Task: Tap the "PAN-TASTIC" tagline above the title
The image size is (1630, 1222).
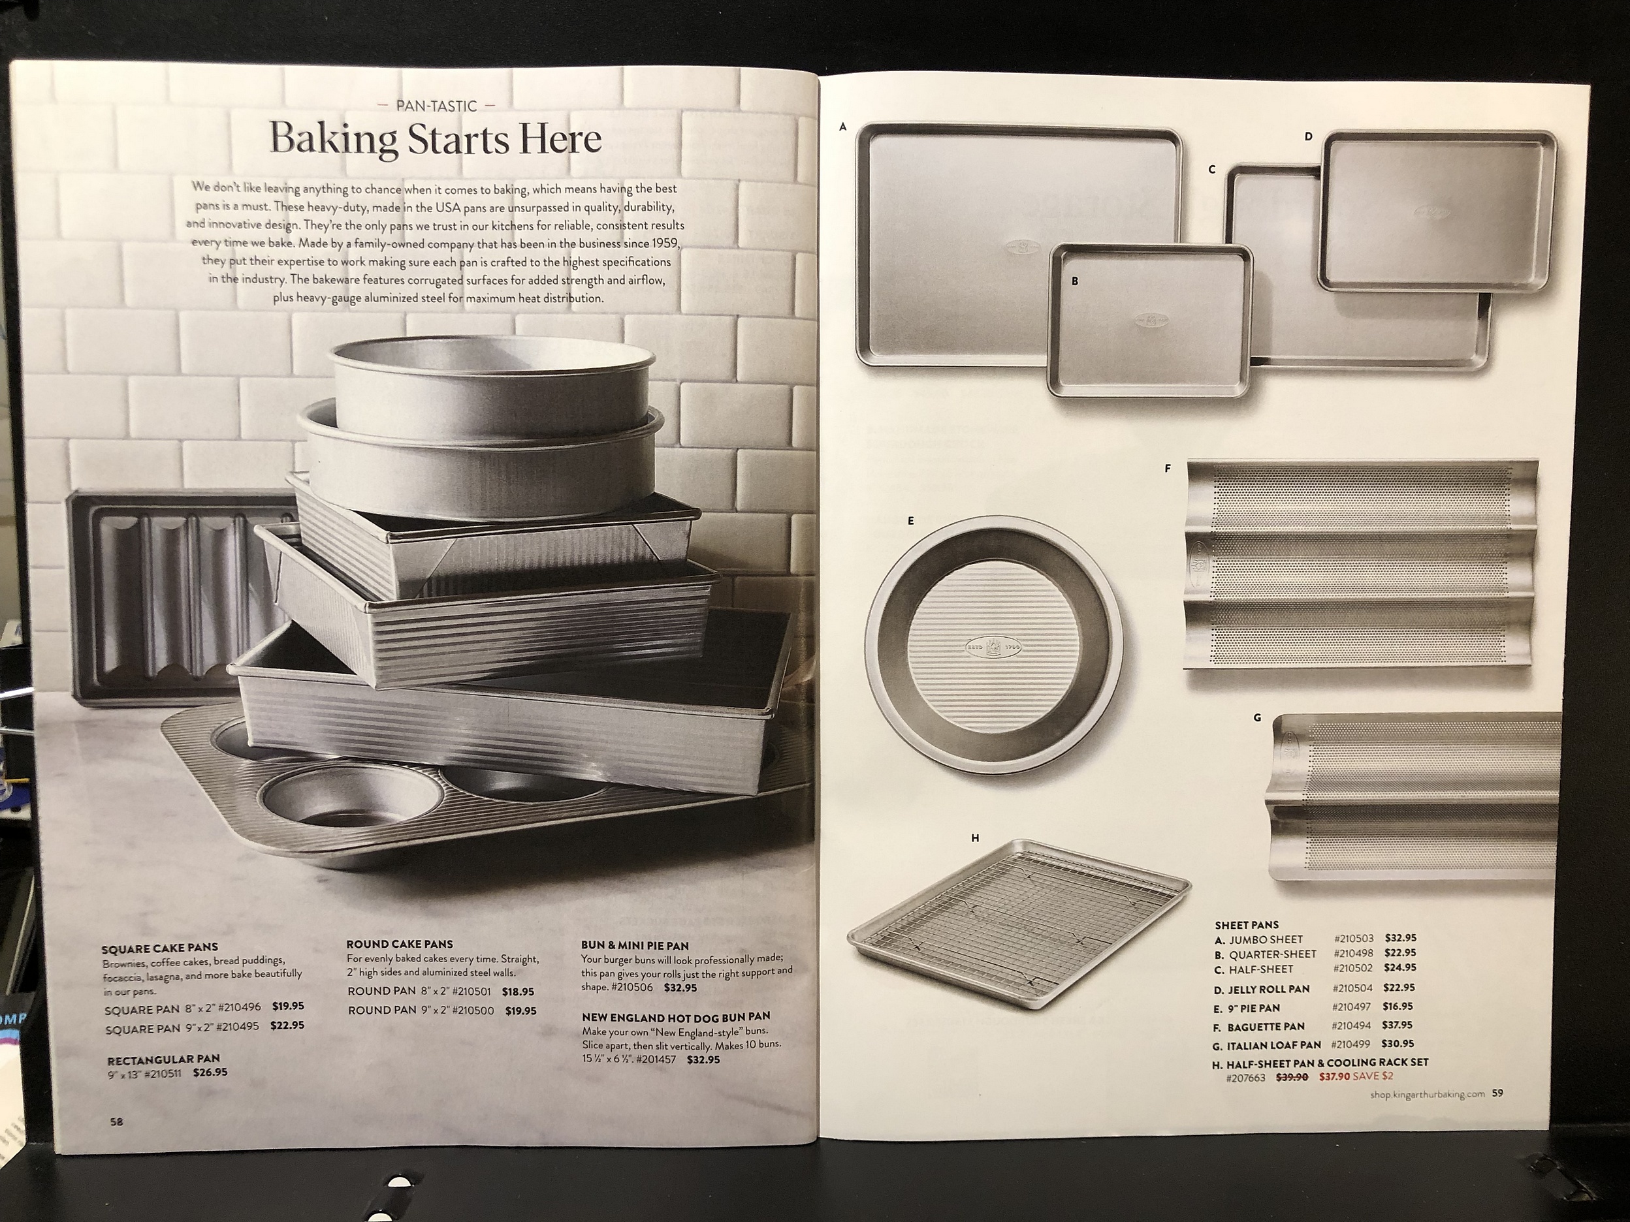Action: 436,106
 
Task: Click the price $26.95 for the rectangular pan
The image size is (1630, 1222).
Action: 210,1073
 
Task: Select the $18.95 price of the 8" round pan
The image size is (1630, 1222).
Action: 518,992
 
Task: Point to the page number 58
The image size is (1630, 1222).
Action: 116,1122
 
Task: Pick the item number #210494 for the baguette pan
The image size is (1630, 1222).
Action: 1353,1026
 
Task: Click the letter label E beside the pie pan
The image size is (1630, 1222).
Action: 911,521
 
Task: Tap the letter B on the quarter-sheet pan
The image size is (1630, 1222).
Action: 1075,281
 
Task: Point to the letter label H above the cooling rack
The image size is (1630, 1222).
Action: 975,838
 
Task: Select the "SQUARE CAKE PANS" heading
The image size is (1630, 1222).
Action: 160,948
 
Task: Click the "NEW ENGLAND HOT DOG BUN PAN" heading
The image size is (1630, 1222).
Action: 676,1017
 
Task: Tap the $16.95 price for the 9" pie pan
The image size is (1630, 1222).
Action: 1398,1006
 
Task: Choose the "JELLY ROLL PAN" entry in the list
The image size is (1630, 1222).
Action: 1268,989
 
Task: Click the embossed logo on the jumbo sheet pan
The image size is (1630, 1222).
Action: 1021,248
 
